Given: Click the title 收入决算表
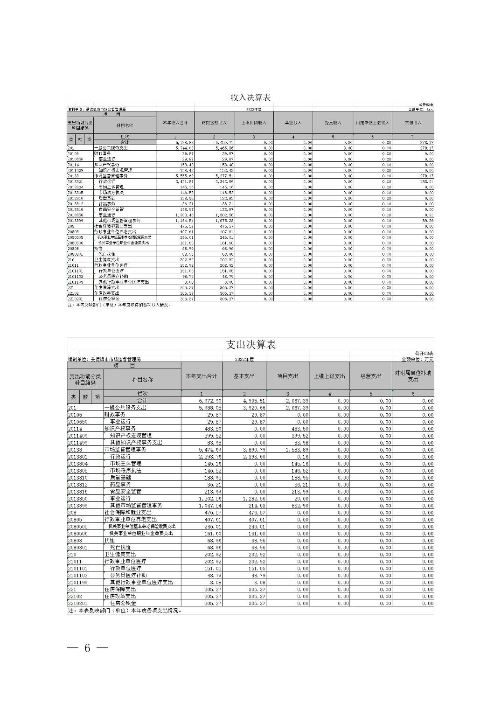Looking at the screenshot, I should click(250, 97).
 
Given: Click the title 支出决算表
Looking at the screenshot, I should click(250, 345).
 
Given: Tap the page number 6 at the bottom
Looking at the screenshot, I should click(87, 648).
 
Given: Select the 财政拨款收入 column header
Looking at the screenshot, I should click(214, 123).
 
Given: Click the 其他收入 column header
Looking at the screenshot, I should click(413, 123).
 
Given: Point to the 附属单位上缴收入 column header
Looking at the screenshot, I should click(372, 123).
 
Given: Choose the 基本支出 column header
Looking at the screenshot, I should click(244, 376).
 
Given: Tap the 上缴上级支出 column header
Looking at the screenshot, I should click(329, 376).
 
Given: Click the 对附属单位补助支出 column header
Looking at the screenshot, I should click(413, 376).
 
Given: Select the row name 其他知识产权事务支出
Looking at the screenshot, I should click(136, 443).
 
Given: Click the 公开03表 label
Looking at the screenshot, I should click(424, 354).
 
